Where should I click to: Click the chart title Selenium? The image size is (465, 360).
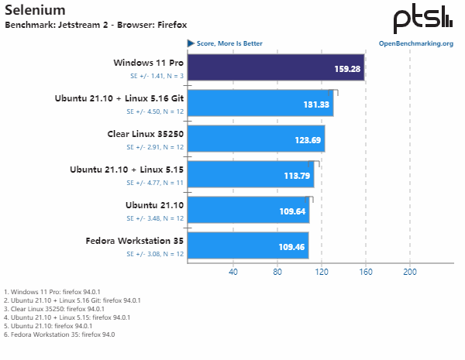coord(35,11)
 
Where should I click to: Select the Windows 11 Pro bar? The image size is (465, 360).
coord(275,67)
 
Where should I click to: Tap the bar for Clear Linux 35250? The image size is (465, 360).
coord(256,139)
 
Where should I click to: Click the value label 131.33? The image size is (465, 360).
coord(316,105)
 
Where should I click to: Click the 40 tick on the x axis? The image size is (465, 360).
coord(232,272)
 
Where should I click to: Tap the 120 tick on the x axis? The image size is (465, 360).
coord(322,272)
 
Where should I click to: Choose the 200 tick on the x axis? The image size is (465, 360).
coord(411,272)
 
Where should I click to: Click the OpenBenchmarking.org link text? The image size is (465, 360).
coord(415,43)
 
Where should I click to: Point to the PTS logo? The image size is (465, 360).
coord(422,19)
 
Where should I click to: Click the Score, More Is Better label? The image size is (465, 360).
coord(229,43)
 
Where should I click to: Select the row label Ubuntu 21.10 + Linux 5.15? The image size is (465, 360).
coord(126,170)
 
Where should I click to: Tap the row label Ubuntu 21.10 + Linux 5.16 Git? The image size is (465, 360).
coord(119,98)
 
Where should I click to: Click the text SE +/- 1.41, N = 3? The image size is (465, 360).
coord(157,76)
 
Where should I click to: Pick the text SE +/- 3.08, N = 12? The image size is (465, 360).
coord(155,254)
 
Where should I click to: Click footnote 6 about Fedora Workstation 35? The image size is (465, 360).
coord(59,334)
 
